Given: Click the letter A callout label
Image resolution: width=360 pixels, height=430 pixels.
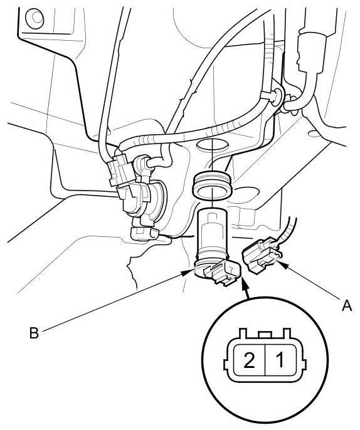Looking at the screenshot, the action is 347,305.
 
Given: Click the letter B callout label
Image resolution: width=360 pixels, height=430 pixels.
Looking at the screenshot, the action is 34,333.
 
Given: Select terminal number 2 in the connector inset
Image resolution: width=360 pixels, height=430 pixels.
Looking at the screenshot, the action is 249,360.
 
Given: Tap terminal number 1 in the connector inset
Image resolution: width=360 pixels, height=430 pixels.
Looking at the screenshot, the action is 280,360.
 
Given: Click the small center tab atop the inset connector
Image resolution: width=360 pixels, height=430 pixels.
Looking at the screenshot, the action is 265,334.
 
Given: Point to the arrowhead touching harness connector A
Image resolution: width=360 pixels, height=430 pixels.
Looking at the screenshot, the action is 283,265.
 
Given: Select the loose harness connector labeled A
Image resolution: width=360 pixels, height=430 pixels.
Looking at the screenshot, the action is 261,255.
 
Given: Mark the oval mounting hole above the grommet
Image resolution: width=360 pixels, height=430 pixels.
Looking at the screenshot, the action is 213,145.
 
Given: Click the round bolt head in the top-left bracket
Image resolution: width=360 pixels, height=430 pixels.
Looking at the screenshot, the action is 34,18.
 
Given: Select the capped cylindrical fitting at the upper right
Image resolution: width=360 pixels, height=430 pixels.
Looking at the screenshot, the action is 312,54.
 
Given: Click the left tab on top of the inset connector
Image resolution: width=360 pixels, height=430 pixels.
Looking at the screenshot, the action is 243,333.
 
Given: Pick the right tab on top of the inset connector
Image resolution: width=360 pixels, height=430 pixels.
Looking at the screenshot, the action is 287,333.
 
